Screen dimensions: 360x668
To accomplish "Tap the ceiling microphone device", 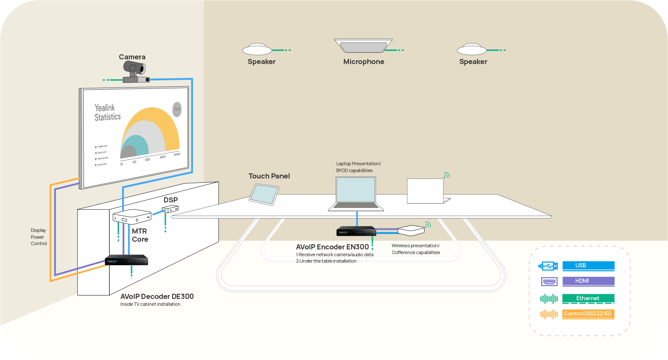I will coord(363,46).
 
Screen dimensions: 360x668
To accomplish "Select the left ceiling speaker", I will coord(257,49).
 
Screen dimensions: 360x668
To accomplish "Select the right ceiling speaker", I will coord(472,49).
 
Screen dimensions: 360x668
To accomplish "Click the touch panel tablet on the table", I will coord(264,194).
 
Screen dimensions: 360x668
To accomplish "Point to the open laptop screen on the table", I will coord(356,190).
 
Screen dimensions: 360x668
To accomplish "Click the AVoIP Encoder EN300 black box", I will coord(356,231).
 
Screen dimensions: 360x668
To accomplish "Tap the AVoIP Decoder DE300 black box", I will coord(126,260).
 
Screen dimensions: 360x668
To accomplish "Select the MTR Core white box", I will coord(132,216).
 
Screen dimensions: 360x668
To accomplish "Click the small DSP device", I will coord(170,209).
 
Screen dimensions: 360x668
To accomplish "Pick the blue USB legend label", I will coord(588,266).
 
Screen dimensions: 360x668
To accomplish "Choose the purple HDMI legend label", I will coord(588,281).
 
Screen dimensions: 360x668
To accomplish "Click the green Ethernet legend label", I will coord(588,299).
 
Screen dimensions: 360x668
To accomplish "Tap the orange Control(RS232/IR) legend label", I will coord(588,314).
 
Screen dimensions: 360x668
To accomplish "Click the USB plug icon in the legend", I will coord(548,266).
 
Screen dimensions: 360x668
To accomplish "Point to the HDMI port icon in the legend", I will coord(549,282).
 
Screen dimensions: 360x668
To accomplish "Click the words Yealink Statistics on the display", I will coord(108,112).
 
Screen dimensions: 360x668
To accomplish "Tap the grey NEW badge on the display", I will coord(177,109).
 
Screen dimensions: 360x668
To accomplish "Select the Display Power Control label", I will coord(38,237).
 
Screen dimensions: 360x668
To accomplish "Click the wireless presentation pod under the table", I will coord(411,230).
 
